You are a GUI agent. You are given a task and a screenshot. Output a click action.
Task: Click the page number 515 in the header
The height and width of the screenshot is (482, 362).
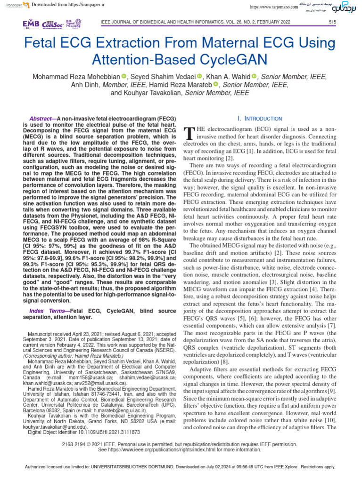click(332, 22)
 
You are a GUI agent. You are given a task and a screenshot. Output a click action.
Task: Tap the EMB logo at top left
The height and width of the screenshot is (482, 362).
click(32, 24)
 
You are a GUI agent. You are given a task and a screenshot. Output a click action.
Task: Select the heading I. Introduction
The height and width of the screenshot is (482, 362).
click(260, 119)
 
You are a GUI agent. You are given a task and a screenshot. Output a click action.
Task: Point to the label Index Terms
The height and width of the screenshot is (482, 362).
click(47, 311)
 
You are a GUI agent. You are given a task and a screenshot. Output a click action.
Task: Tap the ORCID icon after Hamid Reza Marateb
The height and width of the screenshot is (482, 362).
click(216, 85)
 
